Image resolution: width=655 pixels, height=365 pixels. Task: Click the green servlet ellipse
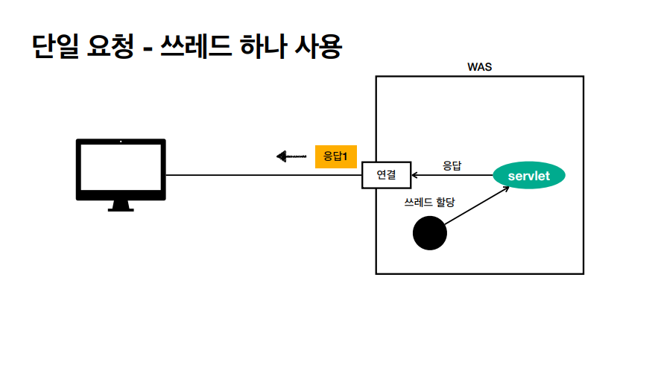coord(529,176)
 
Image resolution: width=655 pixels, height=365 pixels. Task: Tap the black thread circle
coord(430,233)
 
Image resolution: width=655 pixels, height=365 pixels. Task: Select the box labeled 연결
coord(386,176)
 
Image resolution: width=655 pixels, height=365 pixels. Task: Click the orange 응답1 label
coord(336,156)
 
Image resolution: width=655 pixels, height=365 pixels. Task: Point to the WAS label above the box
coord(479,67)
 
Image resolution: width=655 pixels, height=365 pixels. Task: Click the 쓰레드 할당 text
coord(429,203)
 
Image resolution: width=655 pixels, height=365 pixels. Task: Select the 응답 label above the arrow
coord(452,165)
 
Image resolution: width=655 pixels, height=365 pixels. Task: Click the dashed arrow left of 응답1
coord(291,156)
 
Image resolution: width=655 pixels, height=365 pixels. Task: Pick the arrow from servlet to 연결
coord(451,176)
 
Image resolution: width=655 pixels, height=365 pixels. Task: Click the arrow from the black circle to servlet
coord(477,206)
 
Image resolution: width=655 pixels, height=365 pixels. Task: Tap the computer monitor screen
coord(121,168)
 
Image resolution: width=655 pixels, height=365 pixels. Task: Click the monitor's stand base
coord(121,208)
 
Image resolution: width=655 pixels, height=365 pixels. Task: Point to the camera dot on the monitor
coord(121,142)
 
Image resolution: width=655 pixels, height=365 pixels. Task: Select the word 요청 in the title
coord(111,46)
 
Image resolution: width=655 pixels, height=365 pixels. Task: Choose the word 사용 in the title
coord(320,46)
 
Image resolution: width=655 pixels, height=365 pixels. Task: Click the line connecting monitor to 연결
coord(261,176)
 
